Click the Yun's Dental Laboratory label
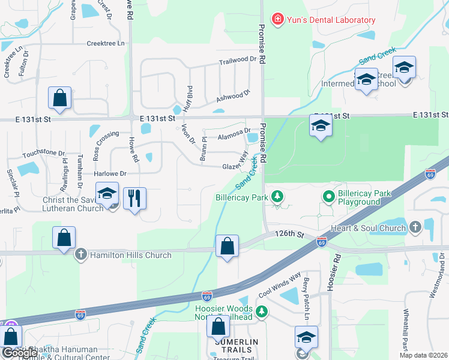point(331,20)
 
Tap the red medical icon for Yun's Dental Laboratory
point(277,20)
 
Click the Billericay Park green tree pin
point(277,196)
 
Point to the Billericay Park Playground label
point(358,197)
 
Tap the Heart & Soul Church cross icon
point(415,227)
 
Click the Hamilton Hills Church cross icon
point(81,255)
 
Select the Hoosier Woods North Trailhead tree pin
point(261,311)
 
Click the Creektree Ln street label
point(106,43)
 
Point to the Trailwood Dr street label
point(237,61)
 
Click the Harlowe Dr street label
point(110,173)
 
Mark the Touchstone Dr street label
point(43,154)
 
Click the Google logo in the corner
point(20,353)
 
